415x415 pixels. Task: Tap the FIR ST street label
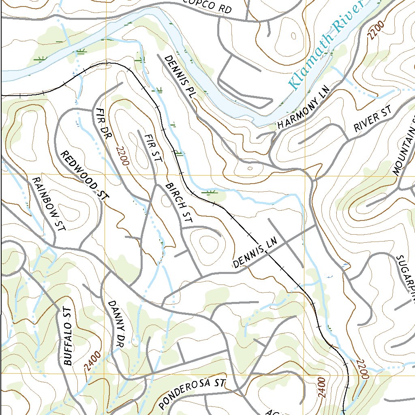[153, 148]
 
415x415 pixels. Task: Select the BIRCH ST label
[178, 203]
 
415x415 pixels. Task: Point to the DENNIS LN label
[255, 253]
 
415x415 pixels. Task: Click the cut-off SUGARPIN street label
[405, 280]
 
